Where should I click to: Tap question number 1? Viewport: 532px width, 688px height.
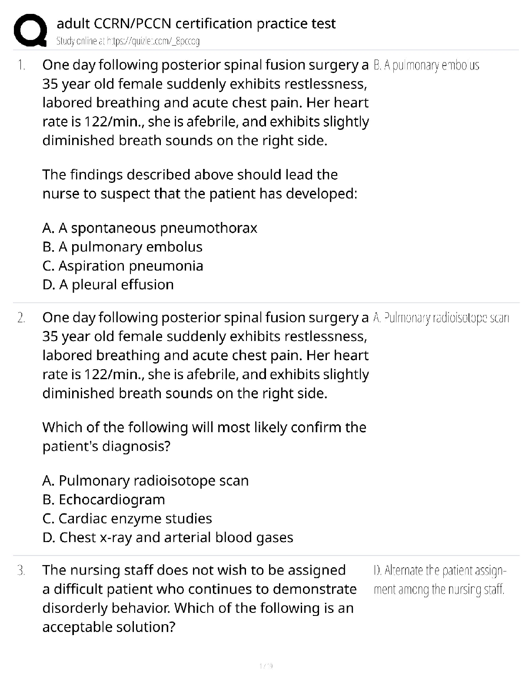(x=20, y=65)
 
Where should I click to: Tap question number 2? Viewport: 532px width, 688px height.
(x=20, y=318)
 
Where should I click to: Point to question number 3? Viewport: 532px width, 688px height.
(x=20, y=570)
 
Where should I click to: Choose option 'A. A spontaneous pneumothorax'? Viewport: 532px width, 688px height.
(x=150, y=228)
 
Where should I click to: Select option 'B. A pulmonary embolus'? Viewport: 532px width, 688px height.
(x=123, y=247)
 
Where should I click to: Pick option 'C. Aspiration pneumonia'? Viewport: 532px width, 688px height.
(x=123, y=266)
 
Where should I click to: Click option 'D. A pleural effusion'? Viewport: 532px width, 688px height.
(x=108, y=285)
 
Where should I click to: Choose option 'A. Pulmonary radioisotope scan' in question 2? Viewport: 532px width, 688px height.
(x=146, y=481)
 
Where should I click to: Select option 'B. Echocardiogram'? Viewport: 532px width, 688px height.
(x=104, y=500)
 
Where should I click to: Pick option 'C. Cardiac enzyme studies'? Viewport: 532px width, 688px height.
(x=127, y=519)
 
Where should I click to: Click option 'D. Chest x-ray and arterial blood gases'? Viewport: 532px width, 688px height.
(x=168, y=538)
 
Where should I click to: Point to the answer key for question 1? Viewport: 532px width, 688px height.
(x=426, y=66)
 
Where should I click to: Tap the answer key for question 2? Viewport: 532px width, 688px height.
(x=441, y=318)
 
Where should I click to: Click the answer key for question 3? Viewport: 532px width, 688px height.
(x=439, y=580)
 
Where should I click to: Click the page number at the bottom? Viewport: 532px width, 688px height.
(x=266, y=666)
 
